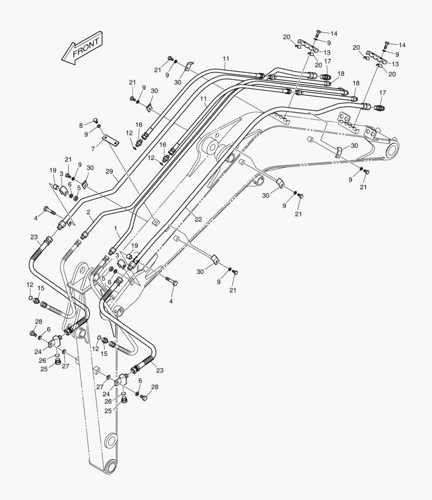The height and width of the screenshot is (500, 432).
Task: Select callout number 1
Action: pyautogui.click(x=116, y=229)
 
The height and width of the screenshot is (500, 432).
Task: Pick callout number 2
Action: pyautogui.click(x=88, y=212)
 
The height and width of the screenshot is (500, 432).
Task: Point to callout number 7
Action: pyautogui.click(x=93, y=149)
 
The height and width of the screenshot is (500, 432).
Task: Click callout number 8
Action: pyautogui.click(x=81, y=125)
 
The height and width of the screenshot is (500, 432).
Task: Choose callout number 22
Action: pyautogui.click(x=198, y=219)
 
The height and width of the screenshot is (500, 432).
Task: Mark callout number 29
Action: pyautogui.click(x=109, y=171)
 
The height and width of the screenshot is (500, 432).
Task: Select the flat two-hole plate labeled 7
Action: pyautogui.click(x=111, y=140)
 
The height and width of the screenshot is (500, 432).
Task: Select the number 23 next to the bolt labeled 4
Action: pyautogui.click(x=34, y=237)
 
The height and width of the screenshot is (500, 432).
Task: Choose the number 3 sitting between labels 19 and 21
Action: pyautogui.click(x=61, y=174)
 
